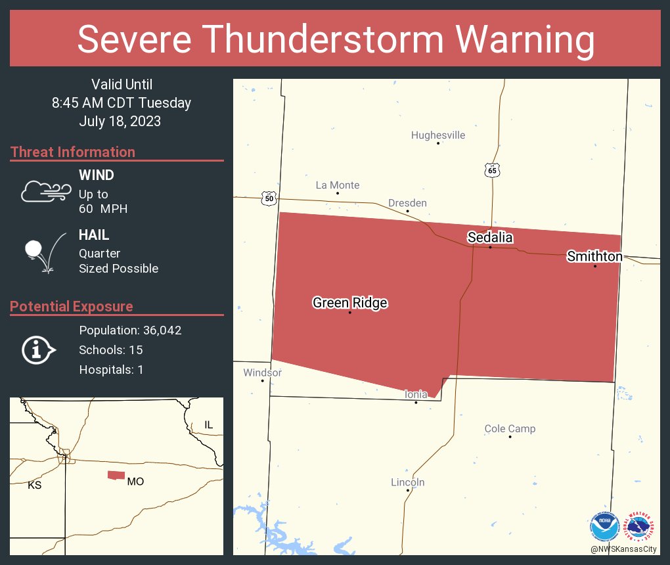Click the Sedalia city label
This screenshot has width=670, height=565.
[489, 237]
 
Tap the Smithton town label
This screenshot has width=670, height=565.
[594, 256]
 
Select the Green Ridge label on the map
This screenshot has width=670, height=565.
[349, 303]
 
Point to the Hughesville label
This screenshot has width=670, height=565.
[437, 135]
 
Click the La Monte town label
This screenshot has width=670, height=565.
[338, 185]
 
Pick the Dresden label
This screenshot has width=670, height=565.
[407, 203]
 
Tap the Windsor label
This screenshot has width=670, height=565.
[262, 373]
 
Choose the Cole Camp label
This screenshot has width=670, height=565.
[510, 429]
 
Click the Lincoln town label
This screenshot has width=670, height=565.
[407, 482]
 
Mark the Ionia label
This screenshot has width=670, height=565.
[416, 394]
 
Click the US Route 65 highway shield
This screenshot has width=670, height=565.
[493, 170]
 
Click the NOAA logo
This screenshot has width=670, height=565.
[604, 526]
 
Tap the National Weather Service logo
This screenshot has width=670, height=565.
[641, 526]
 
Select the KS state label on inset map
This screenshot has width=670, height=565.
[34, 486]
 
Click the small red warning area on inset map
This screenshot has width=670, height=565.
[116, 475]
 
